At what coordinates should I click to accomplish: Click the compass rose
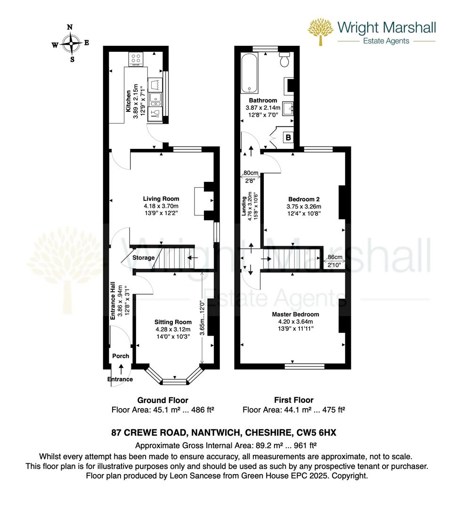pos(70,43)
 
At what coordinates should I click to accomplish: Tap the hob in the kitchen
pos(136,59)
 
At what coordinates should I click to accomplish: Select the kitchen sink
pos(156,99)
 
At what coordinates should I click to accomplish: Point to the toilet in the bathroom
pos(285,58)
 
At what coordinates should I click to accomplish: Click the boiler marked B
pos(288,137)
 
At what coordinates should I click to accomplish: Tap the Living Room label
pos(161,199)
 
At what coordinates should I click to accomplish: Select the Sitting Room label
pos(173,322)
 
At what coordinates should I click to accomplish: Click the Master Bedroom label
pos(295,314)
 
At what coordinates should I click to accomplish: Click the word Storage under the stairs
pos(143,258)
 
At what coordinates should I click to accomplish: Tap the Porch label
pos(121,356)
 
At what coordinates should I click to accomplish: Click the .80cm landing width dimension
pos(251,173)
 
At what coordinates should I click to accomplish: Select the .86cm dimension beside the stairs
pos(334,257)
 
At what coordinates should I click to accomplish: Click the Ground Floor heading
pos(163,400)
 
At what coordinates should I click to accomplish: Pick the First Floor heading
pos(294,400)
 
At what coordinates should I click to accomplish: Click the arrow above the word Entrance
pos(121,369)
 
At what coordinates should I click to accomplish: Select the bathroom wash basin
pos(288,108)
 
